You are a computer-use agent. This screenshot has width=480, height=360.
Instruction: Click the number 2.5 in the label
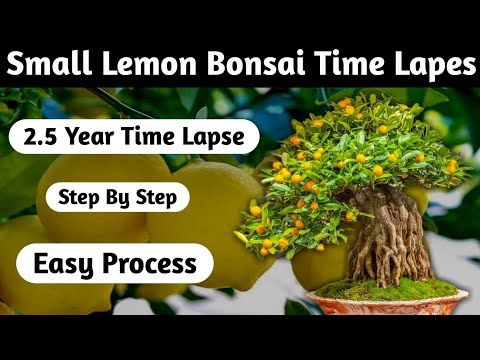tap(44, 137)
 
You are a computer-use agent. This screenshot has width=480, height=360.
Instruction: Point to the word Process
tap(153, 264)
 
